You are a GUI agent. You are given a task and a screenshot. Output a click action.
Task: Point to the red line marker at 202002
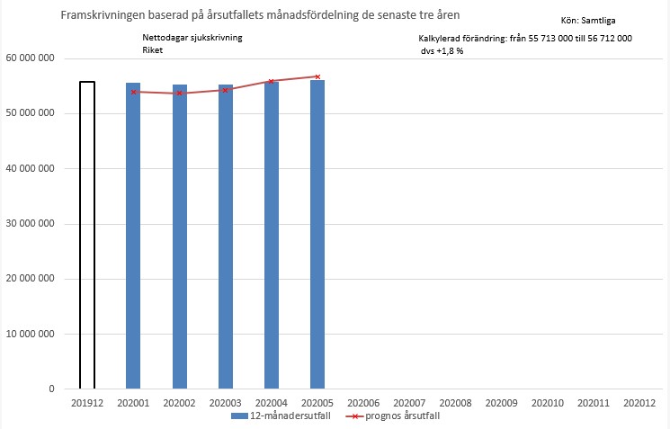180,94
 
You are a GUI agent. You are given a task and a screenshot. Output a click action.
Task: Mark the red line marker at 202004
272,81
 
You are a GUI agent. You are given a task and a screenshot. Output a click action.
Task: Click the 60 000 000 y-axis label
30,58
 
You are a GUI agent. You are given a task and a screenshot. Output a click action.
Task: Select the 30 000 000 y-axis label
30,224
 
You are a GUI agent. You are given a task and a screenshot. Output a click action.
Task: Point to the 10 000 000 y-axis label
30,334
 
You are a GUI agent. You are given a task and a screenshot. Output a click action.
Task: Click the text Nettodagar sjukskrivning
192,38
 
